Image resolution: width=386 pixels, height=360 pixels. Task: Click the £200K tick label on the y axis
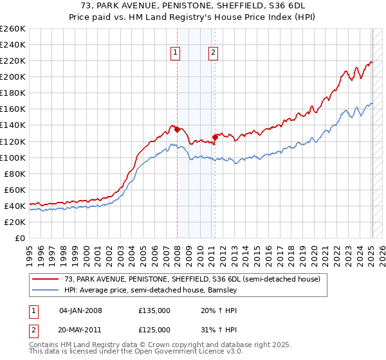coord(12,77)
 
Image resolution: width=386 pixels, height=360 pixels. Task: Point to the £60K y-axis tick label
coord(14,190)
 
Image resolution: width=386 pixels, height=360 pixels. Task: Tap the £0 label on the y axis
coord(19,238)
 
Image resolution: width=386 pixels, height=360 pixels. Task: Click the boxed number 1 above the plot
coord(176,54)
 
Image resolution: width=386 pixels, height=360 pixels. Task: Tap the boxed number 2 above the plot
coord(213,54)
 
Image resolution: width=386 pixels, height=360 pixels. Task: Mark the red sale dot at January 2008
coord(177,129)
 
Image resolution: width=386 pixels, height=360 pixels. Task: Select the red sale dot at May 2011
coord(215,137)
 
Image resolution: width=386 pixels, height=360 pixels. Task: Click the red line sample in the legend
coord(46,279)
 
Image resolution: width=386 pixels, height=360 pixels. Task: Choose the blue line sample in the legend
coord(46,290)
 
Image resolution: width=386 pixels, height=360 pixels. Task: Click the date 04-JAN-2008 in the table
coord(80,311)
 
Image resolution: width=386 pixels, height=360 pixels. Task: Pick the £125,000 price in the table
coord(154,330)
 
